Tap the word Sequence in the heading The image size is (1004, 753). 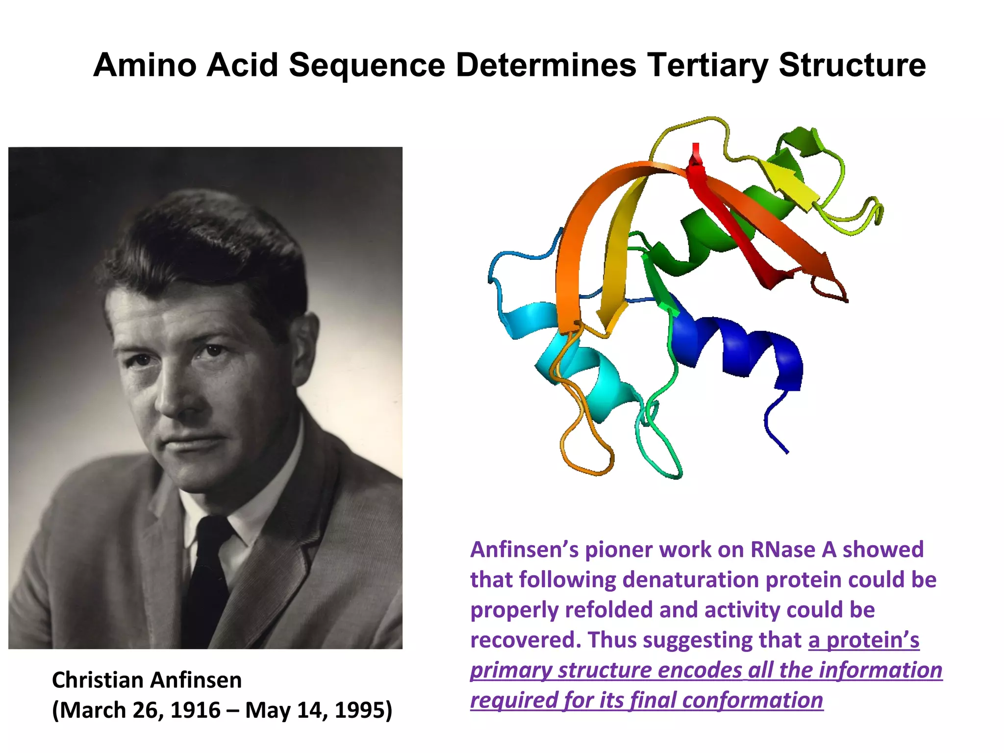[367, 65]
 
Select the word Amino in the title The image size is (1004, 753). [145, 65]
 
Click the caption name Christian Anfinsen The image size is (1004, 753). [147, 680]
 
